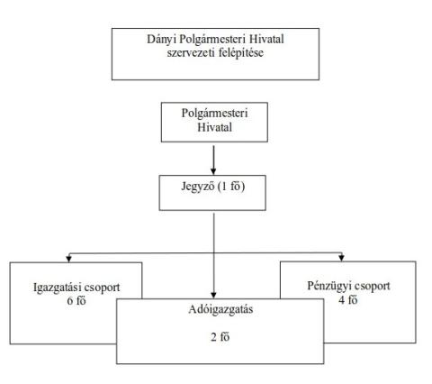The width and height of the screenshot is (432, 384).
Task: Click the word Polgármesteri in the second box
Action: pyautogui.click(x=214, y=114)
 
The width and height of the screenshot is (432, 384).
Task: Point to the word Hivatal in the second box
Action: pyautogui.click(x=214, y=127)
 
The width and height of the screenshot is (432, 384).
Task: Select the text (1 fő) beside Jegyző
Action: pyautogui.click(x=231, y=187)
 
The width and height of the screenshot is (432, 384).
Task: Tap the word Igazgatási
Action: pyautogui.click(x=57, y=288)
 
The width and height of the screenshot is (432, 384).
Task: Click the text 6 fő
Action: pyautogui.click(x=76, y=301)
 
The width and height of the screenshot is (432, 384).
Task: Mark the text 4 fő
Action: pyautogui.click(x=348, y=300)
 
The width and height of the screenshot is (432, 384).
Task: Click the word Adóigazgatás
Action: pyautogui.click(x=220, y=310)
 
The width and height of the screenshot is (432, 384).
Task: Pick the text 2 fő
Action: pyautogui.click(x=220, y=337)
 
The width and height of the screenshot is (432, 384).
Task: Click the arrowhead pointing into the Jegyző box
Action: pyautogui.click(x=213, y=171)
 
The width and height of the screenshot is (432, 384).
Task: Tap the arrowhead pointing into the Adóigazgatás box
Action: pyautogui.click(x=213, y=295)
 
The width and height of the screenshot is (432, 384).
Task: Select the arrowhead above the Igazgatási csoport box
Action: pyautogui.click(x=69, y=259)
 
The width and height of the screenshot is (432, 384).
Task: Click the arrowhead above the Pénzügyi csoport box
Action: pyautogui.click(x=341, y=258)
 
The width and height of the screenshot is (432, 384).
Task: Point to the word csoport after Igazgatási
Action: pyautogui.click(x=102, y=288)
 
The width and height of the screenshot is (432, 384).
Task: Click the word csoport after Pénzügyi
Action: pyautogui.click(x=372, y=287)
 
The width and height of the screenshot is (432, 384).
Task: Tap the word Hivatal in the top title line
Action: pyautogui.click(x=267, y=40)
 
